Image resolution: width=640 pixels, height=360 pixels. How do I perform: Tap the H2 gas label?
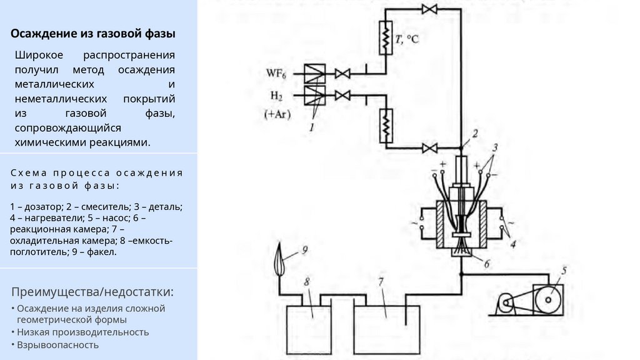click(x=276, y=96)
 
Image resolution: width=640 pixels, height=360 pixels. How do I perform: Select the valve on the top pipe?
click(x=429, y=9)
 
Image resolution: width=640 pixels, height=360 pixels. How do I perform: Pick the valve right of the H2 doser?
click(x=342, y=96)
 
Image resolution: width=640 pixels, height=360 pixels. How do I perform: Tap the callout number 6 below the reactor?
click(x=486, y=263)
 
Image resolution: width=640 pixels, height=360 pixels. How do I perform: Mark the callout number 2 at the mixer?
click(x=475, y=132)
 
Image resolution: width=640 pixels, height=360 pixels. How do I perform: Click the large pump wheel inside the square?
click(x=547, y=301)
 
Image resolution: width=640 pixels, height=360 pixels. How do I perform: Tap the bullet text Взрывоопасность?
click(x=57, y=344)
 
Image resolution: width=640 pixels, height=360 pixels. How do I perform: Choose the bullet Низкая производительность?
click(x=83, y=331)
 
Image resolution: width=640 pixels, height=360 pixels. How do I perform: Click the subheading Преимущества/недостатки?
click(x=92, y=292)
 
